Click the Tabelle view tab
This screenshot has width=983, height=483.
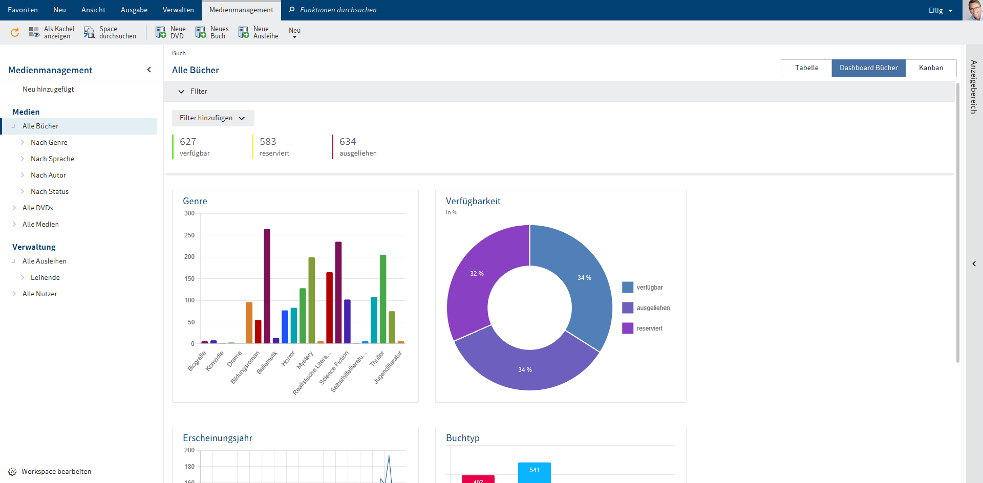806,68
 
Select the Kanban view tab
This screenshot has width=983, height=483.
930,68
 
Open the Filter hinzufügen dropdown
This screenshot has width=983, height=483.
212,118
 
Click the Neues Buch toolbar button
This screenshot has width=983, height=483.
212,33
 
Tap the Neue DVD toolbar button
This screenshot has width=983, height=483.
171,33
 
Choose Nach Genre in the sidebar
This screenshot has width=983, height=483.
49,143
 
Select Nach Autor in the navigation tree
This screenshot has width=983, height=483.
48,175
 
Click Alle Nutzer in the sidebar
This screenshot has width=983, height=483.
39,294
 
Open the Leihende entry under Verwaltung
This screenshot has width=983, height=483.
45,278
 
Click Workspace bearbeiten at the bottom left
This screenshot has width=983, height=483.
56,472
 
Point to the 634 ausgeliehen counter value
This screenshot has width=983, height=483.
348,142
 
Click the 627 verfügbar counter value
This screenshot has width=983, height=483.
188,142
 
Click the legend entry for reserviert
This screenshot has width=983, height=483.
649,328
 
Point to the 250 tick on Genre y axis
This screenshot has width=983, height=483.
189,235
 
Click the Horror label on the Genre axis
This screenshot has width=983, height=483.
288,358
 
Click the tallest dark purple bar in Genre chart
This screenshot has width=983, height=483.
267,287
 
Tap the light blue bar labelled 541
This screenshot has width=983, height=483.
534,472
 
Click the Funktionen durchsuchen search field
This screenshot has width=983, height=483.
338,10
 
